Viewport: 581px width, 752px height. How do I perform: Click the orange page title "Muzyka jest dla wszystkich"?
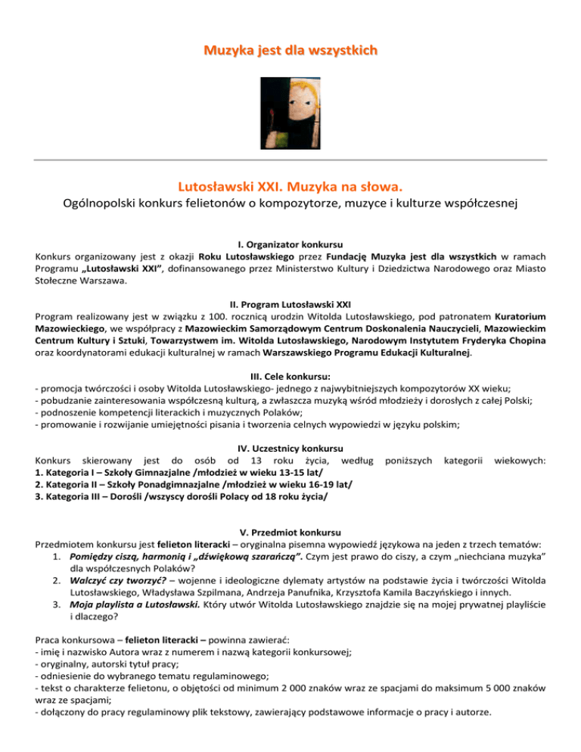click(x=290, y=51)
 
